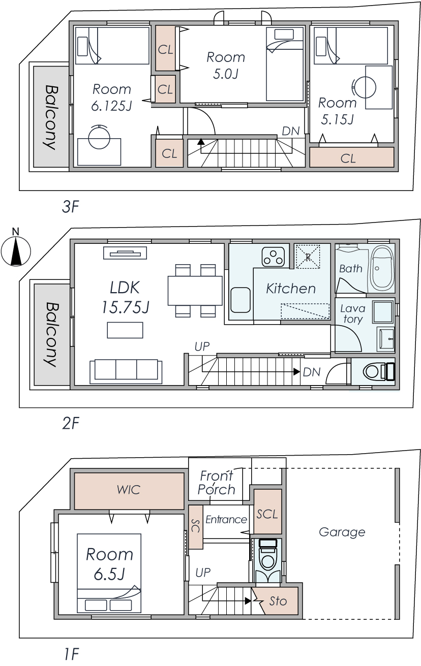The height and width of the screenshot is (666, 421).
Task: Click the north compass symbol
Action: coord(16,250)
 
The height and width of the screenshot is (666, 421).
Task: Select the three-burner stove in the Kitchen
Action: coord(273,257)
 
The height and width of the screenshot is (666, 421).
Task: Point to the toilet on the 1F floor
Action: coord(268,557)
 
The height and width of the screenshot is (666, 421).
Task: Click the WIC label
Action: coord(129,490)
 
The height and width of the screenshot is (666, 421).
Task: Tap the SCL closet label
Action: coord(267,514)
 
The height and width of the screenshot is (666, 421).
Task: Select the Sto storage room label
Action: coord(278,601)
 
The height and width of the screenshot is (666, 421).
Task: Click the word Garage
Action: coord(342,532)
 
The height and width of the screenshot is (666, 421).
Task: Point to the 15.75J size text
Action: coord(125,307)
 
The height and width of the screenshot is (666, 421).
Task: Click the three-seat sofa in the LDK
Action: coord(126,370)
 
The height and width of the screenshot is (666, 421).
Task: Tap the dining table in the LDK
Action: coord(195,291)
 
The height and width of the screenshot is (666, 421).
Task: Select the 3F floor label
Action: coord(71,207)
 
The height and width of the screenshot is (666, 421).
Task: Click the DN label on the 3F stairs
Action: coord(290,131)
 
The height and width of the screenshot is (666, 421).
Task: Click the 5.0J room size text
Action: coord(226,74)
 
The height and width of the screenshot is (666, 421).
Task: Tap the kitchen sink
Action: coord(240,300)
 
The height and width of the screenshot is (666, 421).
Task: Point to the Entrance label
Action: coord(226,519)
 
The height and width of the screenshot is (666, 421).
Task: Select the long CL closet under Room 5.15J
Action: coord(352,157)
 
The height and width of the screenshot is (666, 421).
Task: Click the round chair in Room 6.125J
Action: coord(99,137)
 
